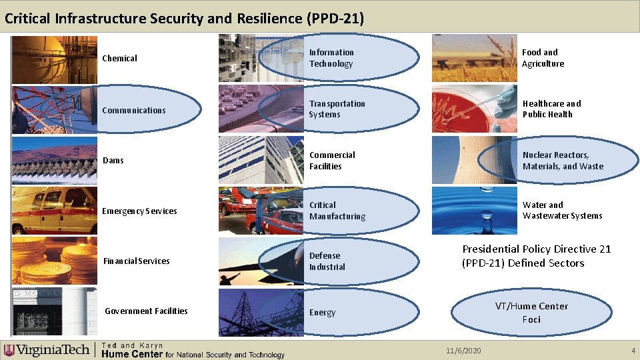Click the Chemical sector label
point(119,59)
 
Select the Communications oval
point(134,110)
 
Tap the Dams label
point(113,161)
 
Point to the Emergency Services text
point(139,211)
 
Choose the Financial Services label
point(137,261)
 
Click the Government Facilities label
point(146,311)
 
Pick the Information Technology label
point(331,58)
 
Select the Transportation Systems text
point(337,109)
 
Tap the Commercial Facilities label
point(332,161)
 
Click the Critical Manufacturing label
point(337,211)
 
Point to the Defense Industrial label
point(327,261)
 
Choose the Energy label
point(322,313)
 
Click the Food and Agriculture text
point(543,58)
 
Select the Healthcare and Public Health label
point(551,109)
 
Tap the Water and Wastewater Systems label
point(562,211)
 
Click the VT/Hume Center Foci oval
point(531,313)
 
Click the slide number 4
point(633,351)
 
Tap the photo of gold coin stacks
point(45,261)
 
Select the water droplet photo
point(474,211)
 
